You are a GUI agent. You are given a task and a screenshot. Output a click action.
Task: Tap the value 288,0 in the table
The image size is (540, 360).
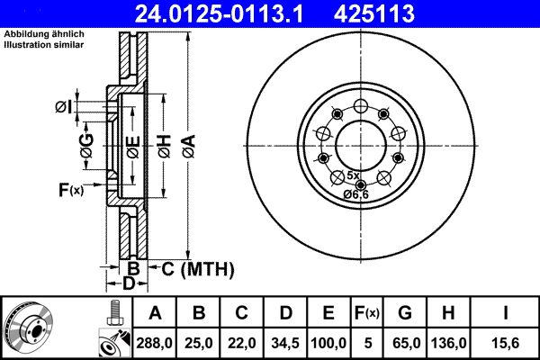156,343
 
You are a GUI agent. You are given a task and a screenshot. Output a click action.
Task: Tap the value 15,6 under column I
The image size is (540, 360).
508,343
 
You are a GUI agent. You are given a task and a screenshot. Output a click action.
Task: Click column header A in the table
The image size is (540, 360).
156,313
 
